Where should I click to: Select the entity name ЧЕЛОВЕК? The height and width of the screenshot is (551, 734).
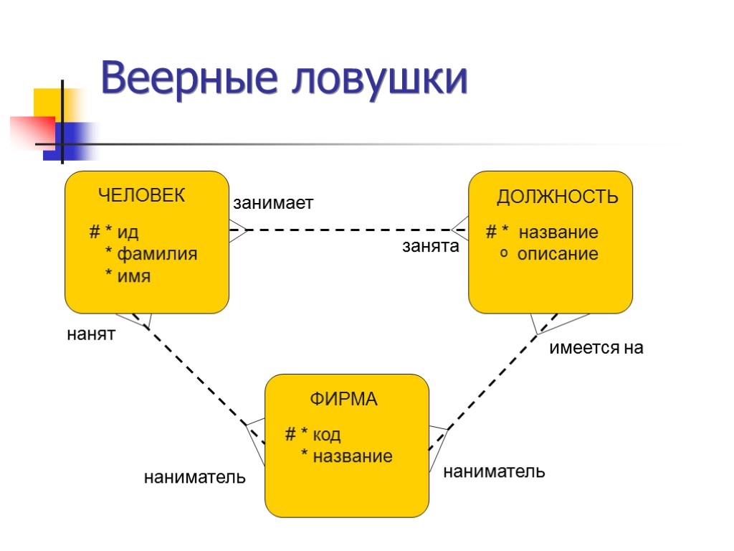(x=141, y=195)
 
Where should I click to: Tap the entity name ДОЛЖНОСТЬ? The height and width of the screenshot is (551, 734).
(x=557, y=197)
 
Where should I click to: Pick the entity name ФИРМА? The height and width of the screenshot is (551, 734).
(x=343, y=400)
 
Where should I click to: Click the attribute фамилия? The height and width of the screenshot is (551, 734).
(x=157, y=254)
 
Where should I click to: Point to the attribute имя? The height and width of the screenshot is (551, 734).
(x=134, y=275)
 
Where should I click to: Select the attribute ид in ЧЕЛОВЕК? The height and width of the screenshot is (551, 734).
(x=128, y=233)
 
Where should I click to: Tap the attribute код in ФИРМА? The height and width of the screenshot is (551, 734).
(x=326, y=434)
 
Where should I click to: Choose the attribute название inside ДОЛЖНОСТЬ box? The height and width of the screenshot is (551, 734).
(x=558, y=233)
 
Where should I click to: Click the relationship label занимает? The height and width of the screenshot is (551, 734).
(x=273, y=204)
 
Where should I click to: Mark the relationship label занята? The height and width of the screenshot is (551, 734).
(x=430, y=248)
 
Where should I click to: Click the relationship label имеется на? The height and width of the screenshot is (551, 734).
(x=596, y=349)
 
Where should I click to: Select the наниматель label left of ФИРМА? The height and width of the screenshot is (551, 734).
(x=195, y=476)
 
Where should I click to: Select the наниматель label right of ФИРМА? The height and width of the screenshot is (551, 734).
(x=495, y=471)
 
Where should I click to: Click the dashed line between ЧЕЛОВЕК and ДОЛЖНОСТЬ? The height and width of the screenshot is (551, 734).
(x=351, y=230)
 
